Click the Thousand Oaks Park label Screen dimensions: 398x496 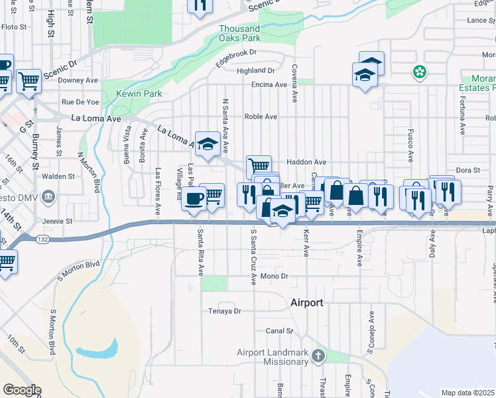coord(239,33)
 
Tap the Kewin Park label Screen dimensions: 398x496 coord(139,94)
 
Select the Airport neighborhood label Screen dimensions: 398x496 coord(307,302)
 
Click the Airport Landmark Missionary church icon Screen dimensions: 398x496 coord(318,357)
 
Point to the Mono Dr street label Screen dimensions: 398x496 coord(276,276)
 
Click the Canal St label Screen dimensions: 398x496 coord(279,330)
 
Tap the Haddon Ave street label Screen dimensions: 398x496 coord(306,162)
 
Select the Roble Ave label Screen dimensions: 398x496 coord(261,116)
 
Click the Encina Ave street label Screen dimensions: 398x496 coord(269,85)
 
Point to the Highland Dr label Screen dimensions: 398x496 coord(255,70)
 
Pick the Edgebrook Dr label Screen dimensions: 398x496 coord(235,56)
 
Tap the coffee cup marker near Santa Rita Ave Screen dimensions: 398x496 coord(194,198)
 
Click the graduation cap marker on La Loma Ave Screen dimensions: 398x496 coord(208,145)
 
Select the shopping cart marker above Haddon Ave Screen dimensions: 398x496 coord(258,166)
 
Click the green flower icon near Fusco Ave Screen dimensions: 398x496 coord(419,72)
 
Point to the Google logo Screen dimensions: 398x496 coord(22,390)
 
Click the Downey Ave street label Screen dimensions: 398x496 coord(78,80)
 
